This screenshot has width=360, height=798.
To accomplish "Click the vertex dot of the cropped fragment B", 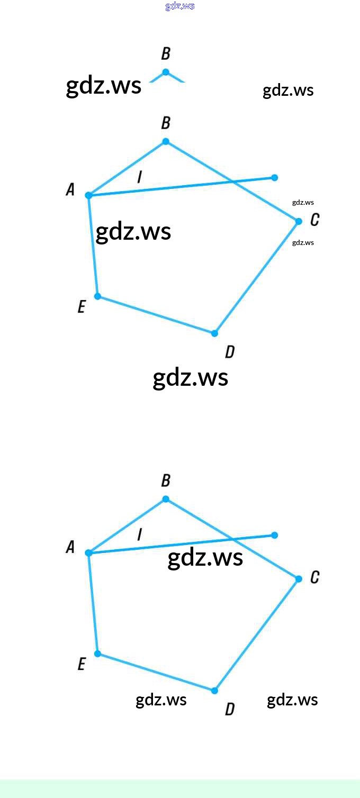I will [x=166, y=72].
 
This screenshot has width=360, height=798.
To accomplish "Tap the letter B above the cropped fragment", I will [x=166, y=54].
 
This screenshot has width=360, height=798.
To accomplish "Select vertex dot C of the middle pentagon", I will [x=299, y=221].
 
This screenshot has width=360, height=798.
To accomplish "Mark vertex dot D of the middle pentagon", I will [x=214, y=333].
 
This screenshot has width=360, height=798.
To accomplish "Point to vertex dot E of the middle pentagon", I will [x=97, y=296].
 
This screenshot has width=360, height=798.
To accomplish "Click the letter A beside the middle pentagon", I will [x=70, y=189].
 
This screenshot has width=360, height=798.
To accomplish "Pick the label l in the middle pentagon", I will [x=139, y=177].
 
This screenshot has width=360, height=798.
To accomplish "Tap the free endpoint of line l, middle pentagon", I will [x=274, y=178].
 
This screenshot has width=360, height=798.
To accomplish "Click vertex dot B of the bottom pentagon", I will [x=166, y=499].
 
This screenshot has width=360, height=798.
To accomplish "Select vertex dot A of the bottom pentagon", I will [x=88, y=553].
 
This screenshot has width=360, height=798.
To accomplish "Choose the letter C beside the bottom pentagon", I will [x=314, y=577].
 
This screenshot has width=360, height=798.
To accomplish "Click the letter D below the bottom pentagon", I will [x=229, y=709].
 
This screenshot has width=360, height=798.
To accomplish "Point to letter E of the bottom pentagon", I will [x=82, y=664].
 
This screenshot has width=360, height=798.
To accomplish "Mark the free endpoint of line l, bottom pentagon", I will [x=274, y=536].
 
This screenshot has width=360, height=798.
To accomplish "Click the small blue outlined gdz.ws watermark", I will [x=180, y=6].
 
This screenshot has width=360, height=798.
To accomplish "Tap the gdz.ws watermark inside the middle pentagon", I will [x=133, y=232].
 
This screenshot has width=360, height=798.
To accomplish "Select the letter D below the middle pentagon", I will [x=229, y=352].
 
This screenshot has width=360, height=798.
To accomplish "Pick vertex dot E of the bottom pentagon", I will [x=97, y=654].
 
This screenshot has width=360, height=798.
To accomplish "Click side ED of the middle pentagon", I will [x=156, y=315].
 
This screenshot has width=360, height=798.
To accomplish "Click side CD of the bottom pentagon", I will [x=257, y=634].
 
